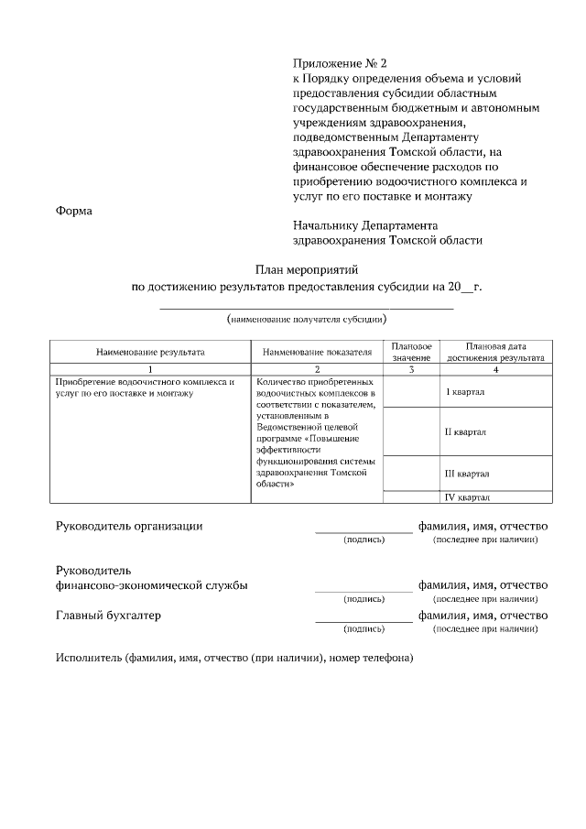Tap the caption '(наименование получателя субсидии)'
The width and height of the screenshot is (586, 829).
(307, 320)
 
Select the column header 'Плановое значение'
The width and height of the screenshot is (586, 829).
(385, 352)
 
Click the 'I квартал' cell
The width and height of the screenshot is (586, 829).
(464, 392)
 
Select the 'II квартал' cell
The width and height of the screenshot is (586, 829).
(465, 431)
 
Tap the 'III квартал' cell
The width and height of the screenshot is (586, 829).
(466, 474)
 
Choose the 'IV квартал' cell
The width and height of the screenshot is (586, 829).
(467, 497)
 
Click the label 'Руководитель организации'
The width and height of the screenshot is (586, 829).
(129, 527)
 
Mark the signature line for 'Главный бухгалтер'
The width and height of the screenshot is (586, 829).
(364, 621)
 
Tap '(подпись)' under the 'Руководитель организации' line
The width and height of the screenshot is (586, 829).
(364, 540)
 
